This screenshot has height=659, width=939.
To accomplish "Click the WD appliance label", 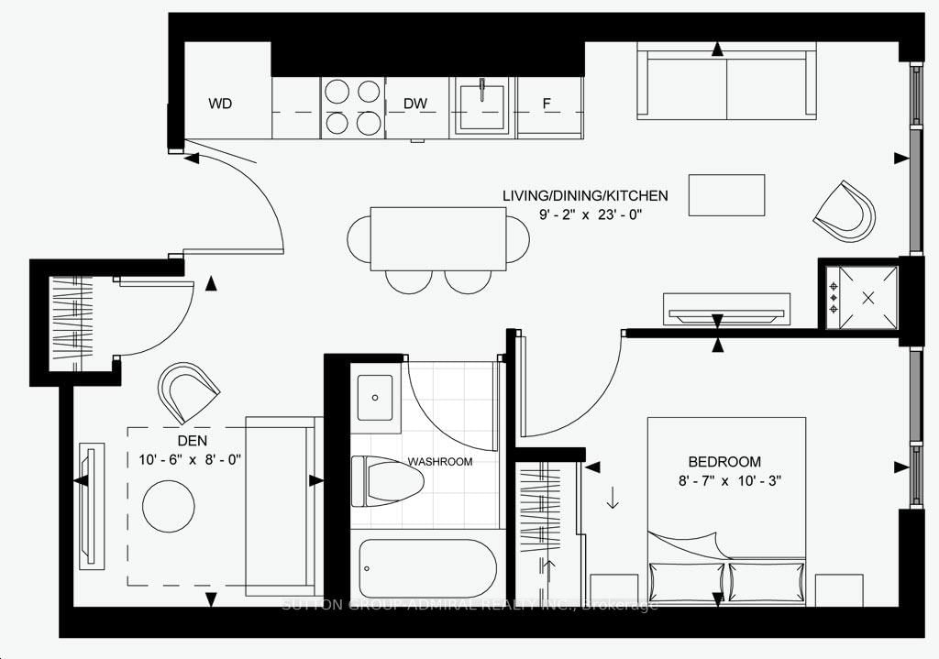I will point(220,104).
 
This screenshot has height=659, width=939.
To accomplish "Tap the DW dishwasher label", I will point(416,104).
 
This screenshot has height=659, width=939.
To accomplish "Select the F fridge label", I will point(547,104).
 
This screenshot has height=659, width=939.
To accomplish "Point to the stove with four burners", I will point(351,106).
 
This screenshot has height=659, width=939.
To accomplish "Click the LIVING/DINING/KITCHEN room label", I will point(584,195).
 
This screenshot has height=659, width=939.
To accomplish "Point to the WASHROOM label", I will point(440,462).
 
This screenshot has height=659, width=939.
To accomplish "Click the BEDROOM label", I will point(724,462).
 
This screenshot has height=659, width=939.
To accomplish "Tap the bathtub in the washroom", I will point(427,567).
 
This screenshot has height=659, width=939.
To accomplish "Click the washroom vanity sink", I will point(375,399).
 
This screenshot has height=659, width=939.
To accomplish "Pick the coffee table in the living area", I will point(726,195).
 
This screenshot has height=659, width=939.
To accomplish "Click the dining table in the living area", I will point(438,238).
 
